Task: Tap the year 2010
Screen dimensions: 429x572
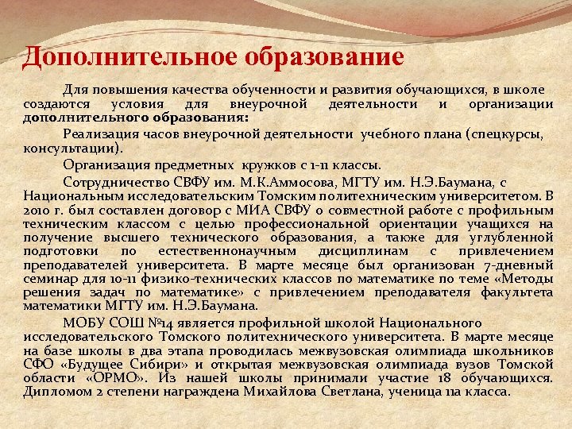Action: [x=37, y=211]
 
